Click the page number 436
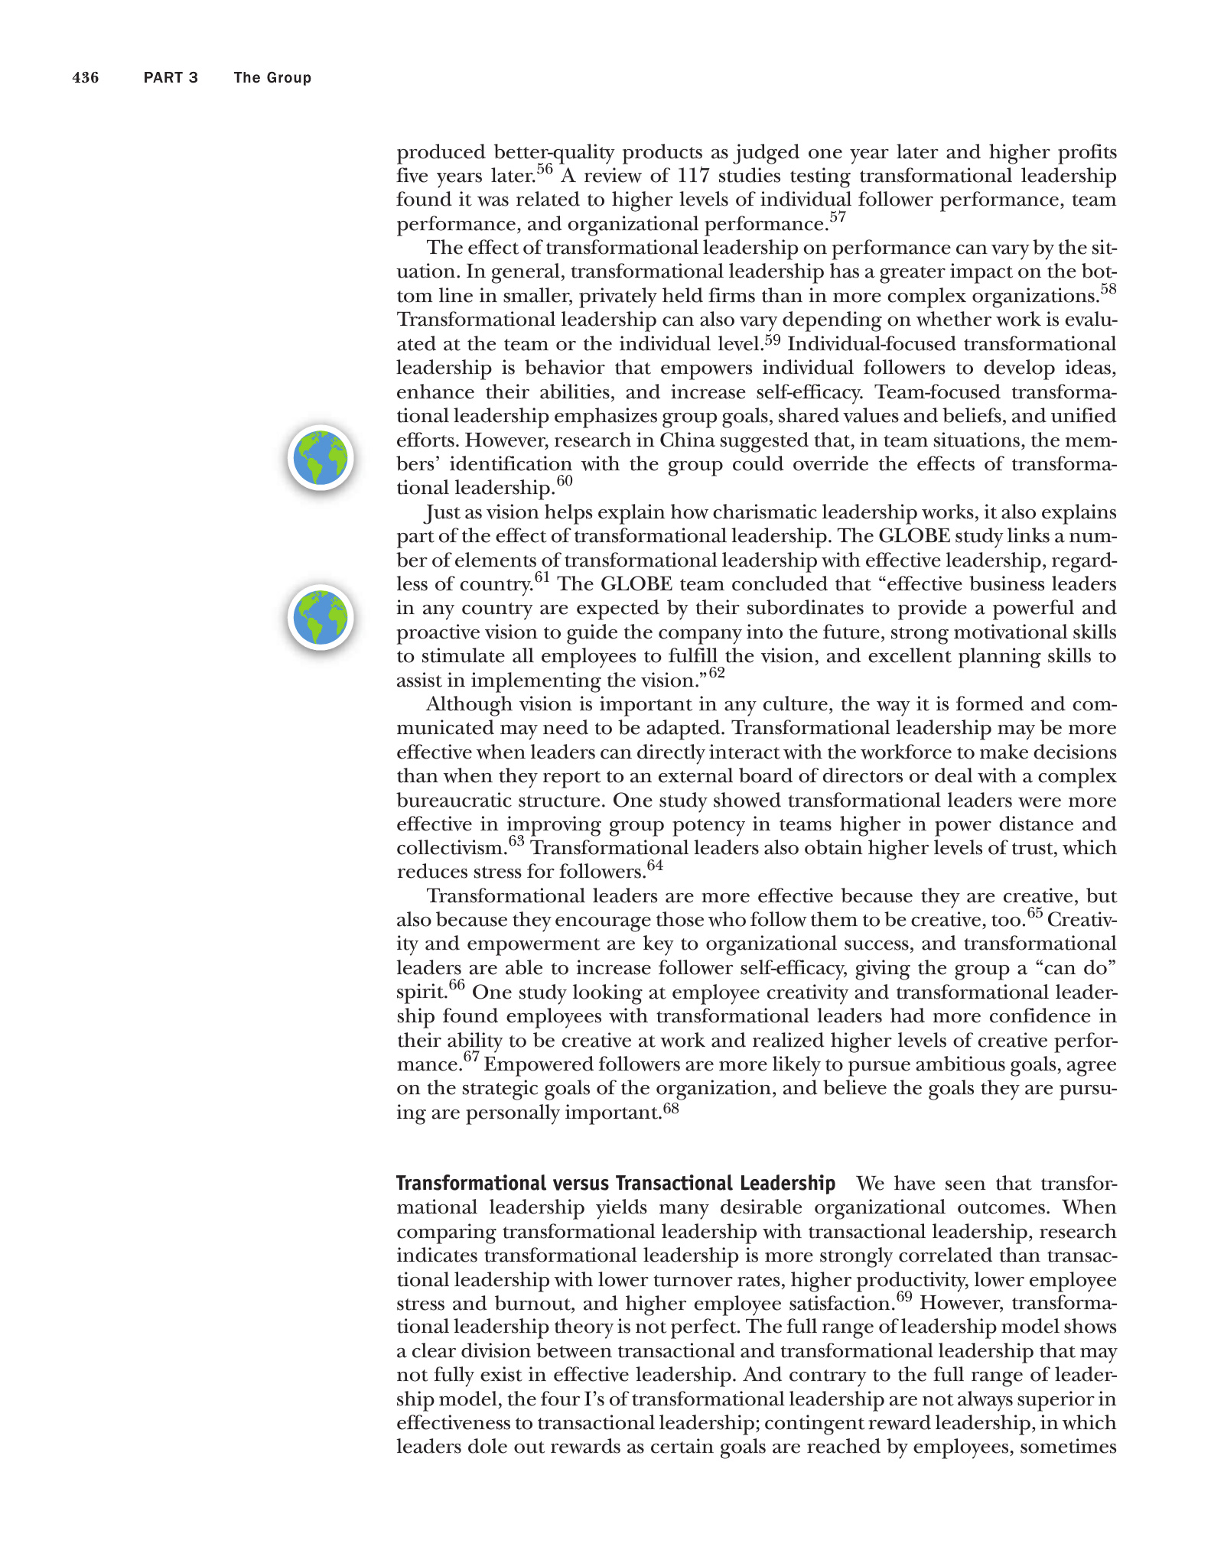[x=85, y=77]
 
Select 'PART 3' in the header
[x=171, y=77]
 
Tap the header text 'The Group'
[x=272, y=77]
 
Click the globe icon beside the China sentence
[x=321, y=458]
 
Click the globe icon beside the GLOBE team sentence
[x=321, y=618]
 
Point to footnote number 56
[x=544, y=169]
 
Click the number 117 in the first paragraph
[x=693, y=176]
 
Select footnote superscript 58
[x=1108, y=289]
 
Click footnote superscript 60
[x=564, y=481]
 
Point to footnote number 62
[x=716, y=674]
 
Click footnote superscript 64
[x=655, y=866]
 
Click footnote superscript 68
[x=671, y=1106]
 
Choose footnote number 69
[x=904, y=1297]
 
